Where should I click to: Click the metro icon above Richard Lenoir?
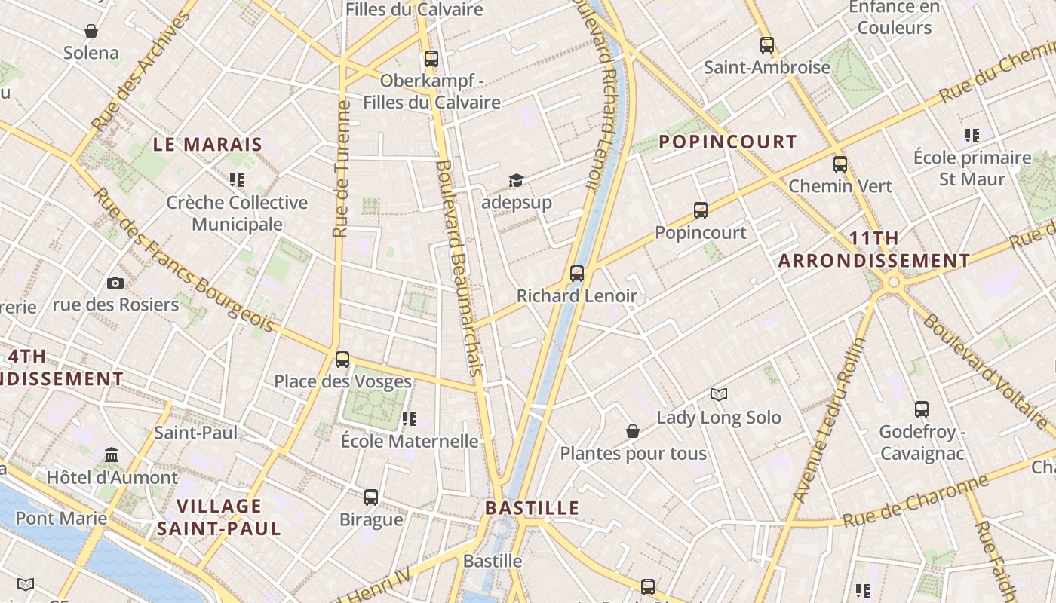point(577,273)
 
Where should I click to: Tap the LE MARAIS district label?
point(207,144)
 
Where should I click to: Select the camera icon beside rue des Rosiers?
point(115,283)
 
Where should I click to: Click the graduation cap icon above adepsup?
point(516,180)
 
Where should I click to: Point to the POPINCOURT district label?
point(727,142)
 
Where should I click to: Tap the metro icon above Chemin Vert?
point(840,164)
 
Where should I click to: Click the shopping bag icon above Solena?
point(91,31)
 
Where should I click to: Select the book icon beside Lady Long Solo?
point(719,394)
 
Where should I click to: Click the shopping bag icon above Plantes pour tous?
point(633,431)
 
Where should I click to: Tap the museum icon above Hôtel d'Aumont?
point(112,455)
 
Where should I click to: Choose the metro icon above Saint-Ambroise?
point(767,44)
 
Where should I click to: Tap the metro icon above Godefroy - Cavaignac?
point(922,409)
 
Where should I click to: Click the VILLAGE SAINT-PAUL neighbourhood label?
point(219,516)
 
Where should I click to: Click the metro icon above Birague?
point(371,497)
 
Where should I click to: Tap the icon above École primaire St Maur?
point(972,136)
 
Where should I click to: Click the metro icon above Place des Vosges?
point(342,359)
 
